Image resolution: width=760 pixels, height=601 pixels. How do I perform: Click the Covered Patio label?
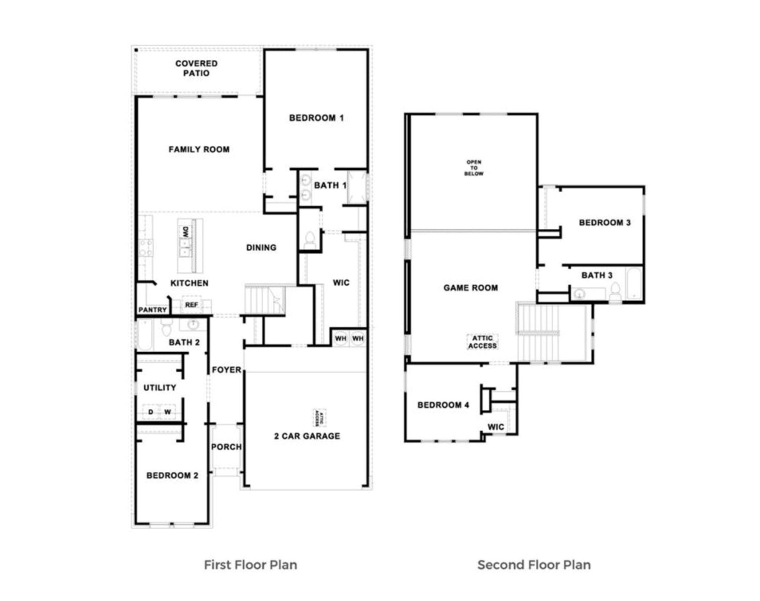(196, 68)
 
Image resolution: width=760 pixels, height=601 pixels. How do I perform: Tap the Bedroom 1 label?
(316, 118)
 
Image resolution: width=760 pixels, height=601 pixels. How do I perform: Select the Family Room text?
(199, 149)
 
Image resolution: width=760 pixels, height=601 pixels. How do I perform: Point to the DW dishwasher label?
(186, 232)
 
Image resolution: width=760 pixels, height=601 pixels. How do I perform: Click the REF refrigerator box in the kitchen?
(191, 304)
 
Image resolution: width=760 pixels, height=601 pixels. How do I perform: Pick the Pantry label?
(152, 310)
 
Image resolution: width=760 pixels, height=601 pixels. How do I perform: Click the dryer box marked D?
(151, 412)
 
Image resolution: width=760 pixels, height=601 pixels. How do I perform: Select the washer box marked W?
(167, 412)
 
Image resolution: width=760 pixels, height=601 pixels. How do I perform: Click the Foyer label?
(226, 370)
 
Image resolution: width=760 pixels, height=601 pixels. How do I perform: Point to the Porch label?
(226, 447)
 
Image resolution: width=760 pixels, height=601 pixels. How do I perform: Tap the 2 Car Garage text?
(307, 436)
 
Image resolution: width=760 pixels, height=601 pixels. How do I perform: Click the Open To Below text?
(474, 168)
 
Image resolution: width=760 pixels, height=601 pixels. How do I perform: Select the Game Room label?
(470, 288)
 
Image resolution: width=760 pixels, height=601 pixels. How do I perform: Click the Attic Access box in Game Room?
(482, 342)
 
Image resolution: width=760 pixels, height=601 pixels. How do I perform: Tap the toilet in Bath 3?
(615, 292)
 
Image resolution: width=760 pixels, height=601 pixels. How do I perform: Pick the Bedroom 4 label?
(443, 405)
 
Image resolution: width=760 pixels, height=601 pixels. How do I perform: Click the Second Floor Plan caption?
(534, 565)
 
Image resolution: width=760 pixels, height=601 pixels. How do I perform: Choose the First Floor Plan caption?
(251, 565)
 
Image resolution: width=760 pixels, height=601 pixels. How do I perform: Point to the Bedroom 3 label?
(605, 223)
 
